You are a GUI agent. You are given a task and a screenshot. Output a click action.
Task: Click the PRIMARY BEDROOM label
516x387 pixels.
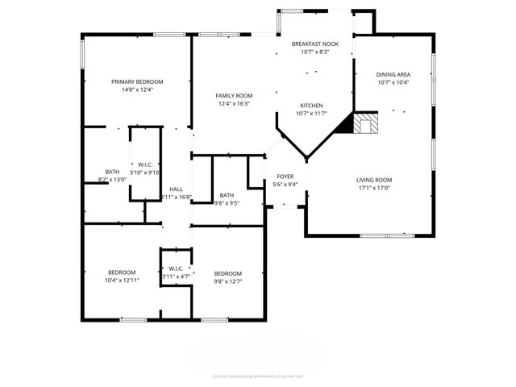click(137, 81)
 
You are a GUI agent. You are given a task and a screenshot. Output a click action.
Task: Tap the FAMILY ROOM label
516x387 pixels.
click(234, 95)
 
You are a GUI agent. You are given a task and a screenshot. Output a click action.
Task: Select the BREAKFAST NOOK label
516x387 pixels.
click(314, 44)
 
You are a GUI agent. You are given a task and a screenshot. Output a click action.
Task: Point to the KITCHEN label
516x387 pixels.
click(312, 106)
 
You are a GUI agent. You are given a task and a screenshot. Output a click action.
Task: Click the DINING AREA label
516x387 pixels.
click(393, 74)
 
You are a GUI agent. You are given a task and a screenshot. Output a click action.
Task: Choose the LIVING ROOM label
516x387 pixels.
click(374, 180)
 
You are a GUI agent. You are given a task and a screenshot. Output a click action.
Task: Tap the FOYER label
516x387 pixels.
click(286, 176)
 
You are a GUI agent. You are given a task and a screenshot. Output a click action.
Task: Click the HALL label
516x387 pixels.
click(176, 189)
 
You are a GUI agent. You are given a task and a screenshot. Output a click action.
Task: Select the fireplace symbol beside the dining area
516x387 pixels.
click(368, 124)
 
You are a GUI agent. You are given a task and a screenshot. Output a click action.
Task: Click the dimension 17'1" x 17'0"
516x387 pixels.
click(374, 188)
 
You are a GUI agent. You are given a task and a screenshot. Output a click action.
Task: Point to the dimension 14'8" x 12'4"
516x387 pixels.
click(137, 89)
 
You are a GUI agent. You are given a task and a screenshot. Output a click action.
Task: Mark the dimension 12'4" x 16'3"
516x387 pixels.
click(234, 103)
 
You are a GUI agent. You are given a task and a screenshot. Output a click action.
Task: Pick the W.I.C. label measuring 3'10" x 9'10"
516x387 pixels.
click(146, 164)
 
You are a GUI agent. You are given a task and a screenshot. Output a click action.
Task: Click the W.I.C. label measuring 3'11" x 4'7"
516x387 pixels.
click(177, 268)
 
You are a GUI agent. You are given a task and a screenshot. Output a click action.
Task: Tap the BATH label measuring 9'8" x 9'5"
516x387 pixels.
click(227, 194)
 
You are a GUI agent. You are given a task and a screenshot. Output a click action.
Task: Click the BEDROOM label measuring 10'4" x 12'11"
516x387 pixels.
click(123, 272)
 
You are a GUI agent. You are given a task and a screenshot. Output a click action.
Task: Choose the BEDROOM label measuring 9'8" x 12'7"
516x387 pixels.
click(228, 273)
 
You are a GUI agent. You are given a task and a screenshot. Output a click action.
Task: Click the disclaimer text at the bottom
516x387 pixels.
click(257, 375)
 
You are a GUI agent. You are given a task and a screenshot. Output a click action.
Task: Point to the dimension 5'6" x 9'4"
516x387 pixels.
click(286, 184)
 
